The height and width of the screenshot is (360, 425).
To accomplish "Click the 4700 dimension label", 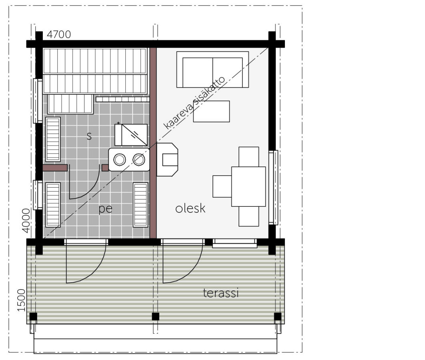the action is click(x=59, y=35).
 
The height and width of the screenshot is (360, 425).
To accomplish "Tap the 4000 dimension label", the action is click(x=26, y=220).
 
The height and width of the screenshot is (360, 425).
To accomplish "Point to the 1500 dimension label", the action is click(x=21, y=300).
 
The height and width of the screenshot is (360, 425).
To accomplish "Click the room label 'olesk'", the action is click(x=190, y=208).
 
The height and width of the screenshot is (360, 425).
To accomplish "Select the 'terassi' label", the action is click(x=221, y=293).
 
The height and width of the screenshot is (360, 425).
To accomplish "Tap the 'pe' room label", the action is click(x=105, y=209).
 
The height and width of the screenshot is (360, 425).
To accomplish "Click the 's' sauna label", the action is click(x=89, y=136).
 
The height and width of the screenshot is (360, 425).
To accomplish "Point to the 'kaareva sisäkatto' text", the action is click(x=194, y=103).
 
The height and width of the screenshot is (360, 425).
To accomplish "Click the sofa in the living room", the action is click(x=212, y=70).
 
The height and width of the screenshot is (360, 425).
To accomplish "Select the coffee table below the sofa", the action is click(x=211, y=111).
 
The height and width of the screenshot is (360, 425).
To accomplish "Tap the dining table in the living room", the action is click(x=249, y=187).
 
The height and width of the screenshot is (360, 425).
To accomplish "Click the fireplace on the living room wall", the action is click(x=167, y=160).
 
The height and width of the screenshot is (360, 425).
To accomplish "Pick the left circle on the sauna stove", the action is click(x=120, y=160).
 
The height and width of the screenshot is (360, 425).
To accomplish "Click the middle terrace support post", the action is click(x=156, y=316).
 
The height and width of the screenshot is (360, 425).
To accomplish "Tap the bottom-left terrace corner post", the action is click(x=33, y=316).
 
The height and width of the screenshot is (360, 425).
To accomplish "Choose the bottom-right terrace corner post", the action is click(x=278, y=316).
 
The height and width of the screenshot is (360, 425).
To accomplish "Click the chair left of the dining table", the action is click(x=222, y=186).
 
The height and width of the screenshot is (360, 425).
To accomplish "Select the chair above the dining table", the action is click(x=249, y=156).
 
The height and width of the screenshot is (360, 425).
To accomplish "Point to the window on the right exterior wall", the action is click(x=273, y=188).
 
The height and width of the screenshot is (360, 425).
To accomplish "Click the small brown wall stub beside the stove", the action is click(x=105, y=168).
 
